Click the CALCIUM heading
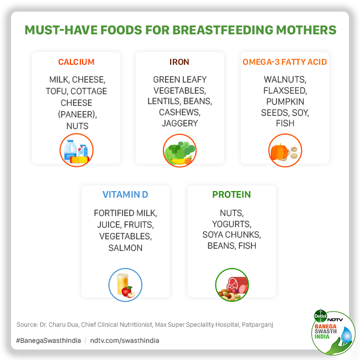point(76,62)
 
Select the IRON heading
point(180,62)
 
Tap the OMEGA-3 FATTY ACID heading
point(285,62)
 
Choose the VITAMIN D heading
point(125,195)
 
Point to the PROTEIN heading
point(232,195)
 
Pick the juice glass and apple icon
point(125,285)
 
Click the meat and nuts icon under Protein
point(232,285)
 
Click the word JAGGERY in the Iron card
point(180,124)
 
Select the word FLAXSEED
point(285,91)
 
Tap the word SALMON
point(125,248)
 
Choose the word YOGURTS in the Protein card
point(232,224)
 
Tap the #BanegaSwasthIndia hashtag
point(48,341)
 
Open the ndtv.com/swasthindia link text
point(124,341)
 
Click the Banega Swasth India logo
point(333,333)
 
